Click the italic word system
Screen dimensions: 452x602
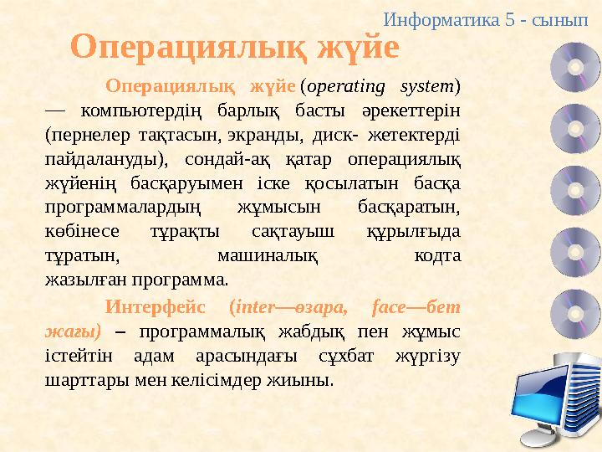[x=429, y=85]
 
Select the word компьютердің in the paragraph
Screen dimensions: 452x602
[x=130, y=110]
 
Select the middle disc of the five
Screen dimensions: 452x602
[x=575, y=187]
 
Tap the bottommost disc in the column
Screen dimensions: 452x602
[x=575, y=309]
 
